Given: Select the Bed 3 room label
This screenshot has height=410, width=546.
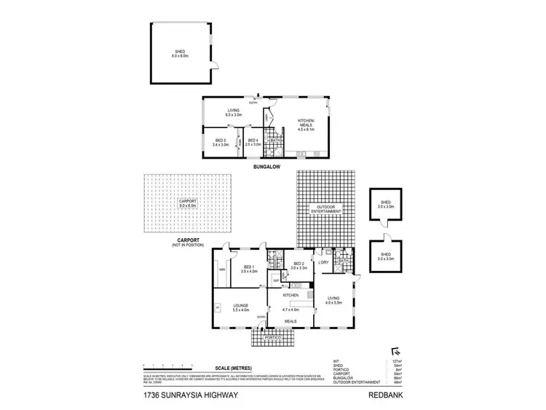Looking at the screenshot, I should point(221,143).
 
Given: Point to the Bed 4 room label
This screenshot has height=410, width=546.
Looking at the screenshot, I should point(252,143).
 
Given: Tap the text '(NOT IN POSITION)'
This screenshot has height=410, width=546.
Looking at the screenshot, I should point(188,245).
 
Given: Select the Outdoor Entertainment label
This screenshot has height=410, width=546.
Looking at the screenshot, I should point(325,210).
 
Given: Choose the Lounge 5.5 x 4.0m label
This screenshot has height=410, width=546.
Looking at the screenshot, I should point(241,307).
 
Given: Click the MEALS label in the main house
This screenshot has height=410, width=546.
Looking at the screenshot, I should point(290,320).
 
